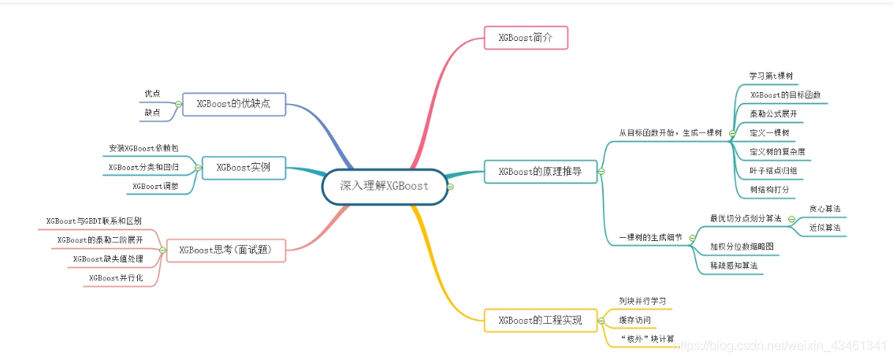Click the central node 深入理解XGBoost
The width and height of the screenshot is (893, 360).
pos(384,187)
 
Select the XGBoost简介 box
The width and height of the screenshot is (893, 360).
pos(525,37)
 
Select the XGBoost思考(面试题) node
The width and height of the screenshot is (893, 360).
pos(225,250)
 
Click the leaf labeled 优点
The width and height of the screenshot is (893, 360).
pos(152,93)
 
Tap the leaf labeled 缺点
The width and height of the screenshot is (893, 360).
pos(152,113)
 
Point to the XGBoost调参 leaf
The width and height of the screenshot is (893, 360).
pos(154,186)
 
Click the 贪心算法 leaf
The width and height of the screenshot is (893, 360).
pos(824,209)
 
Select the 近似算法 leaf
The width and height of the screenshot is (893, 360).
pos(824,228)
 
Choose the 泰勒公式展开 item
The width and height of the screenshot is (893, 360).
pos(773,113)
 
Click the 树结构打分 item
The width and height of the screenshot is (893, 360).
pos(768,190)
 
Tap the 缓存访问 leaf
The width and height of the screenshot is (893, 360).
pos(634,320)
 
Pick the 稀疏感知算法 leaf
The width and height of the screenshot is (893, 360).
pos(733,266)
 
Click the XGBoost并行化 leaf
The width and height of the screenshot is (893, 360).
pos(116,278)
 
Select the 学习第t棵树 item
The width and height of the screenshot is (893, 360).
pos(770,76)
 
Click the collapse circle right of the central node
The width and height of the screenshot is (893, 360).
pos(450,187)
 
